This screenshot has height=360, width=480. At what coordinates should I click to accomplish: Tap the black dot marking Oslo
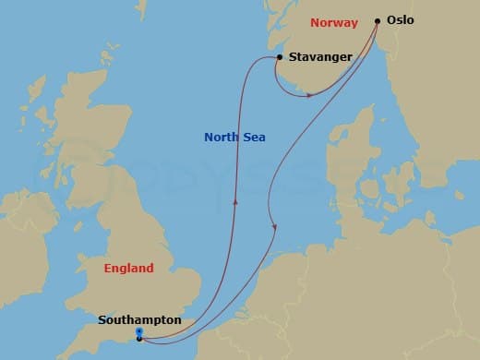point(378,20)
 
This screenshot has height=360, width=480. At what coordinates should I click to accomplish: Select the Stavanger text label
point(320,57)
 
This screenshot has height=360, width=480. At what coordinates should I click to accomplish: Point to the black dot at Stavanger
point(278,58)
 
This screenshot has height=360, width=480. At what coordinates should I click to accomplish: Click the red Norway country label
point(334,22)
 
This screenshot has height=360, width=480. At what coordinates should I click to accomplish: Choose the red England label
point(128,269)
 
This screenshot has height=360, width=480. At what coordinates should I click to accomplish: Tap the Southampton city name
point(139,320)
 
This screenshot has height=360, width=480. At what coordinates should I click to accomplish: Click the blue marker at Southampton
point(138,331)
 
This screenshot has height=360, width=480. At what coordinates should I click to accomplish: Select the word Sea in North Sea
point(254,138)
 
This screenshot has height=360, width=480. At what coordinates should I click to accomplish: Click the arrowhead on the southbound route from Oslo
point(274,228)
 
